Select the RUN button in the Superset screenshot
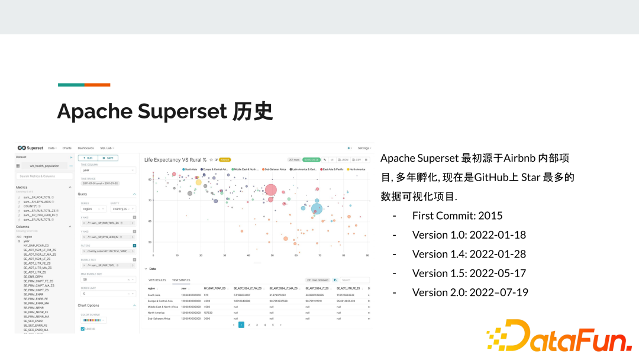point(88,158)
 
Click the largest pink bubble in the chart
point(271,189)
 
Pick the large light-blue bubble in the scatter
point(317,208)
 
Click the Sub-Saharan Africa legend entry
point(275,169)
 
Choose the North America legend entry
point(356,169)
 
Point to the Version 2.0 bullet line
point(470,292)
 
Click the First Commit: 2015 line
point(457,216)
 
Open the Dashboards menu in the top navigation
point(86,148)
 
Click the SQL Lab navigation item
point(106,148)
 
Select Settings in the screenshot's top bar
point(364,148)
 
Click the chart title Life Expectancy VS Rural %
point(175,159)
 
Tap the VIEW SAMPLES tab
point(181,279)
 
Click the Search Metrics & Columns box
point(45,176)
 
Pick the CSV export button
point(357,160)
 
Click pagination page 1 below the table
point(241,324)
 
